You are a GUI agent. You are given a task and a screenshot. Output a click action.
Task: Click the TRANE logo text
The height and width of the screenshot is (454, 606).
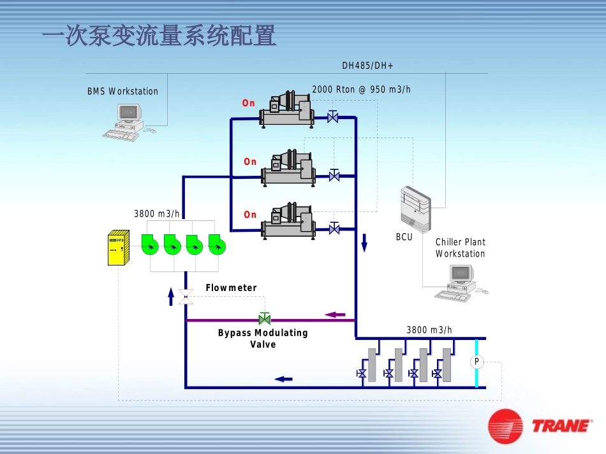coord(560,425)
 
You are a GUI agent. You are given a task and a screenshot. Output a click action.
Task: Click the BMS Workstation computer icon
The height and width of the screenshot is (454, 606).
coord(124,122)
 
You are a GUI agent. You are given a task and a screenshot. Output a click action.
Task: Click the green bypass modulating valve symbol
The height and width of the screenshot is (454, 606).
coord(264,318)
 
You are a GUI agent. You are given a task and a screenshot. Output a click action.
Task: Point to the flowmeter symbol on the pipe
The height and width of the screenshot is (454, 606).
coord(186,296)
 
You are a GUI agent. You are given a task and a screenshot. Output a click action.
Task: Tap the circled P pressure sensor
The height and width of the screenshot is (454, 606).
coord(476,362)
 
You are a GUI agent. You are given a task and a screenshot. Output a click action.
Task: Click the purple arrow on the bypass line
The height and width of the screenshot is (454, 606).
coord(335,314)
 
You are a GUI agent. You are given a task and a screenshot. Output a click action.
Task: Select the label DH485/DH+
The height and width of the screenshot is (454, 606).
coord(368,66)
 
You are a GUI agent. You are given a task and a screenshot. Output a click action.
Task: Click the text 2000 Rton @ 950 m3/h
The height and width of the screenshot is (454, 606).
coord(361,90)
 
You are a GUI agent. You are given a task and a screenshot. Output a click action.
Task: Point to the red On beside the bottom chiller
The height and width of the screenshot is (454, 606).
coord(250,215)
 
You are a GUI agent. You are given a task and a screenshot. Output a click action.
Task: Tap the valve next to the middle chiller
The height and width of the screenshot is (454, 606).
coord(334,174)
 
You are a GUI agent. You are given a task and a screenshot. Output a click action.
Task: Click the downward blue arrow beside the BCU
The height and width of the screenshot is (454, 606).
coord(365,243)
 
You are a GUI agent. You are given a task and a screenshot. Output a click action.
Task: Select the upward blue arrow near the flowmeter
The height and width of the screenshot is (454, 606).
coord(171,296)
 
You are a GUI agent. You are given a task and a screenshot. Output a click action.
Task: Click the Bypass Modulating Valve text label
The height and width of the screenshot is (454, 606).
coord(263,338)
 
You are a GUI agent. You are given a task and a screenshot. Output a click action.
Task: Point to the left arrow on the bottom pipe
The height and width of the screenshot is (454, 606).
coord(283,379)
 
